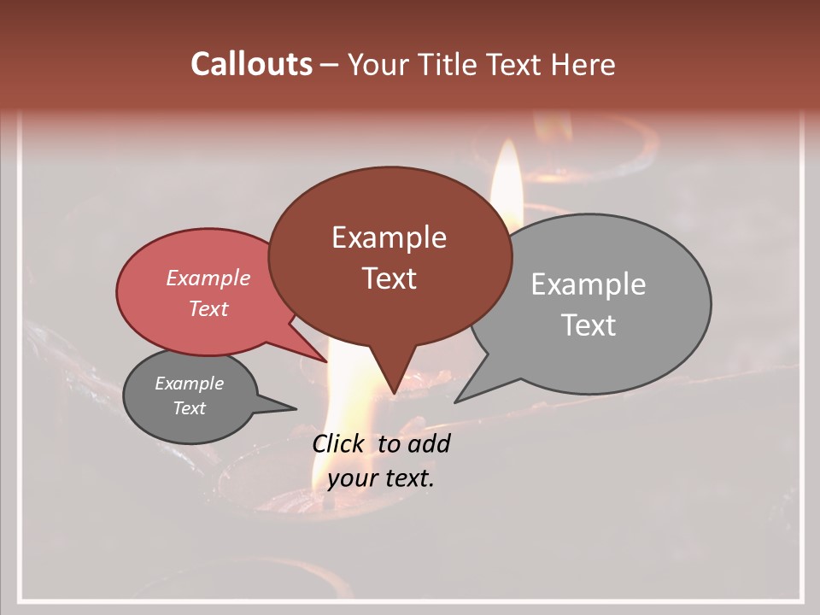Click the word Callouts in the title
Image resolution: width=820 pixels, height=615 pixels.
point(251,64)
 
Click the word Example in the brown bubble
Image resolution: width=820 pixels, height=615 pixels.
point(389,237)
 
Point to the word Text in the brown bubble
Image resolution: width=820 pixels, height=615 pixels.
point(389,278)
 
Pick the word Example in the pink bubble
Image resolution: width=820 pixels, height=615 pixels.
point(208,278)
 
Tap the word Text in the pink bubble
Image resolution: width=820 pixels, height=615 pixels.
point(208,308)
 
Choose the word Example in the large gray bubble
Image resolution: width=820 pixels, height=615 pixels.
point(588,284)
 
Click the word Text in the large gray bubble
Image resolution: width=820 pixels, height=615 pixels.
point(588,325)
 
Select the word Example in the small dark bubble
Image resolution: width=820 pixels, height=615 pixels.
point(189,384)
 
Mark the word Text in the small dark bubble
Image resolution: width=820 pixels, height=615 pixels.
point(189,408)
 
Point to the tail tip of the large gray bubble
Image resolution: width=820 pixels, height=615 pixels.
point(455,401)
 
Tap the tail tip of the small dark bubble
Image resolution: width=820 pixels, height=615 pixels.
point(296,408)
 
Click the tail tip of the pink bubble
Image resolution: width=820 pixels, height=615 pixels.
point(327,361)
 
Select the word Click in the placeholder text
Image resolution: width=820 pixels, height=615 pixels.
point(339,443)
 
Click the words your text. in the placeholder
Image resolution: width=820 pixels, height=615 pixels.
point(381,478)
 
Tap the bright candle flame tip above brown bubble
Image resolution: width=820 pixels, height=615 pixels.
point(509,145)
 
